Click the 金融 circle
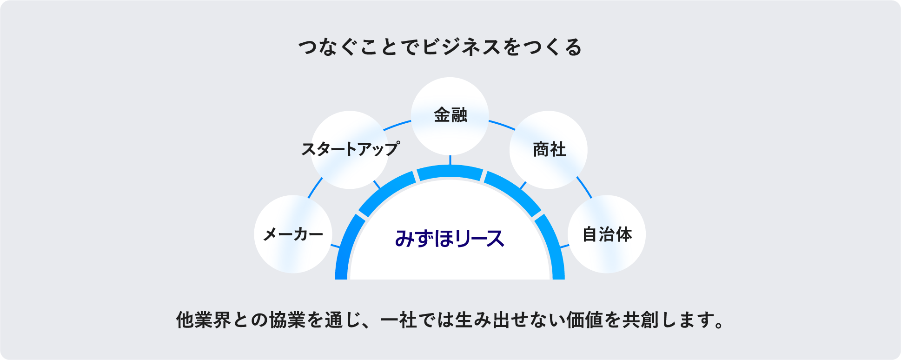point(450,116)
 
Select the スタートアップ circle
point(350,150)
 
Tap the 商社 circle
point(549,150)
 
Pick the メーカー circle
point(293,234)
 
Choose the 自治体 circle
point(607,234)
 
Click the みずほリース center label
point(450,239)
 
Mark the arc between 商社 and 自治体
point(584,187)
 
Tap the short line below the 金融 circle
point(450,160)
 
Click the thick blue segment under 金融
point(450,173)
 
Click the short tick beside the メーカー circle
point(335,246)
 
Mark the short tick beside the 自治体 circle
point(564,246)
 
